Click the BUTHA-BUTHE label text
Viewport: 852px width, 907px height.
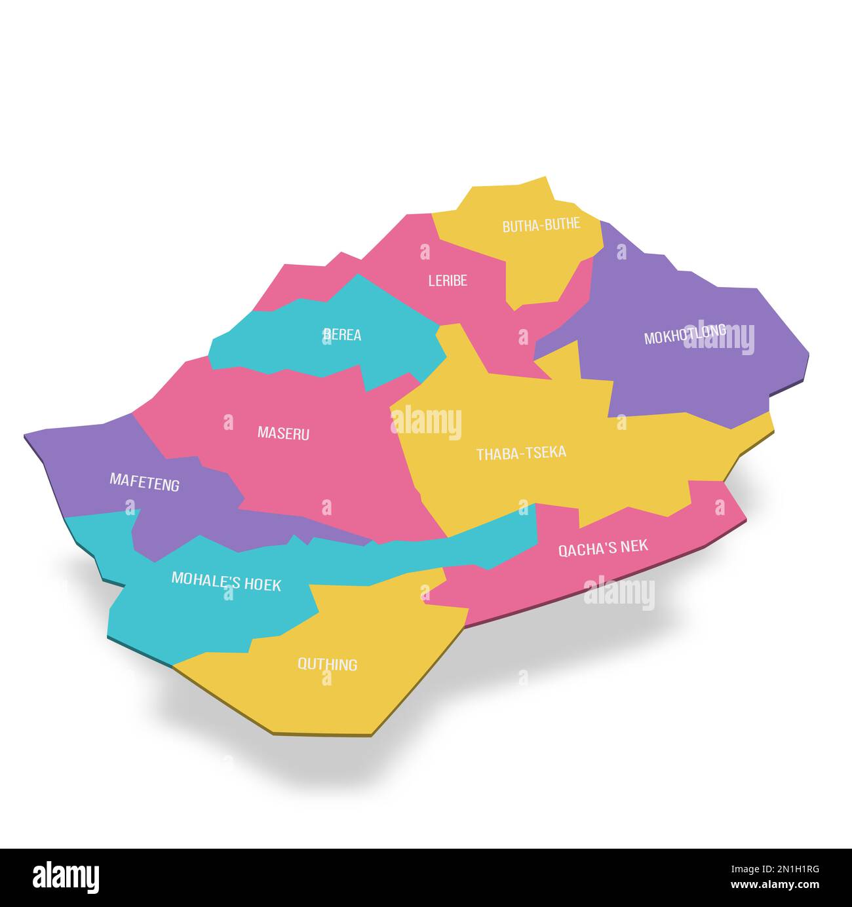541,225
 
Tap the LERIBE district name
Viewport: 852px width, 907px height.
448,280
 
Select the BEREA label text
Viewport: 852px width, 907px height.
343,335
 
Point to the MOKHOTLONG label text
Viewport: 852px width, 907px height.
684,334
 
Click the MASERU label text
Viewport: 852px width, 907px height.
283,433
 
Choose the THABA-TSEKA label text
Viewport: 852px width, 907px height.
521,453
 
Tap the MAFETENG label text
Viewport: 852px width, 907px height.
144,482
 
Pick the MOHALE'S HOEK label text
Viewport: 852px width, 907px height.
226,581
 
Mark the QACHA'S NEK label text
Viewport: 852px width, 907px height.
603,547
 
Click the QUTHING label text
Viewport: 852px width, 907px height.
328,665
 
